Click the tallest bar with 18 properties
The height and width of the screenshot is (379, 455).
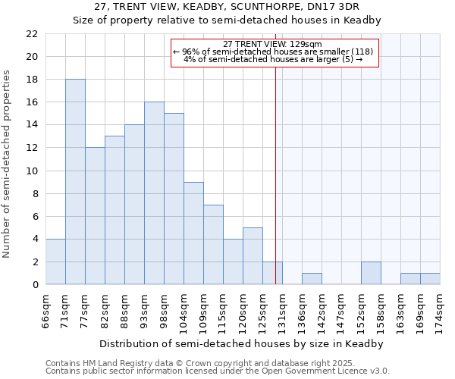pos(75,182)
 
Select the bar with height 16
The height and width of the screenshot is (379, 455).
pos(154,193)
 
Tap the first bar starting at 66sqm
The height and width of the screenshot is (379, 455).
pos(55,262)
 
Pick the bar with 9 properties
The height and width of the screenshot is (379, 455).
pos(193,233)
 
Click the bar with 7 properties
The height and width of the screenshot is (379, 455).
pos(213,245)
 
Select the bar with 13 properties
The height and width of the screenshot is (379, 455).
pos(115,210)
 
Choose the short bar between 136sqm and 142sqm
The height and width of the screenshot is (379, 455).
pos(312,279)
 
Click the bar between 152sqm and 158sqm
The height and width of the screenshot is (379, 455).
pos(371,273)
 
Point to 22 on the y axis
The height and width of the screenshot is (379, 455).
pos(32,34)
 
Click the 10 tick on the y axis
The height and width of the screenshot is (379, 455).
pos(32,171)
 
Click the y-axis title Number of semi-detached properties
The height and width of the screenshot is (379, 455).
pos(8,164)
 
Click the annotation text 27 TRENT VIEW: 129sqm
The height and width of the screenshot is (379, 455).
pos(274,44)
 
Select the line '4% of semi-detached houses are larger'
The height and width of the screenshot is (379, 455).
pos(274,59)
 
